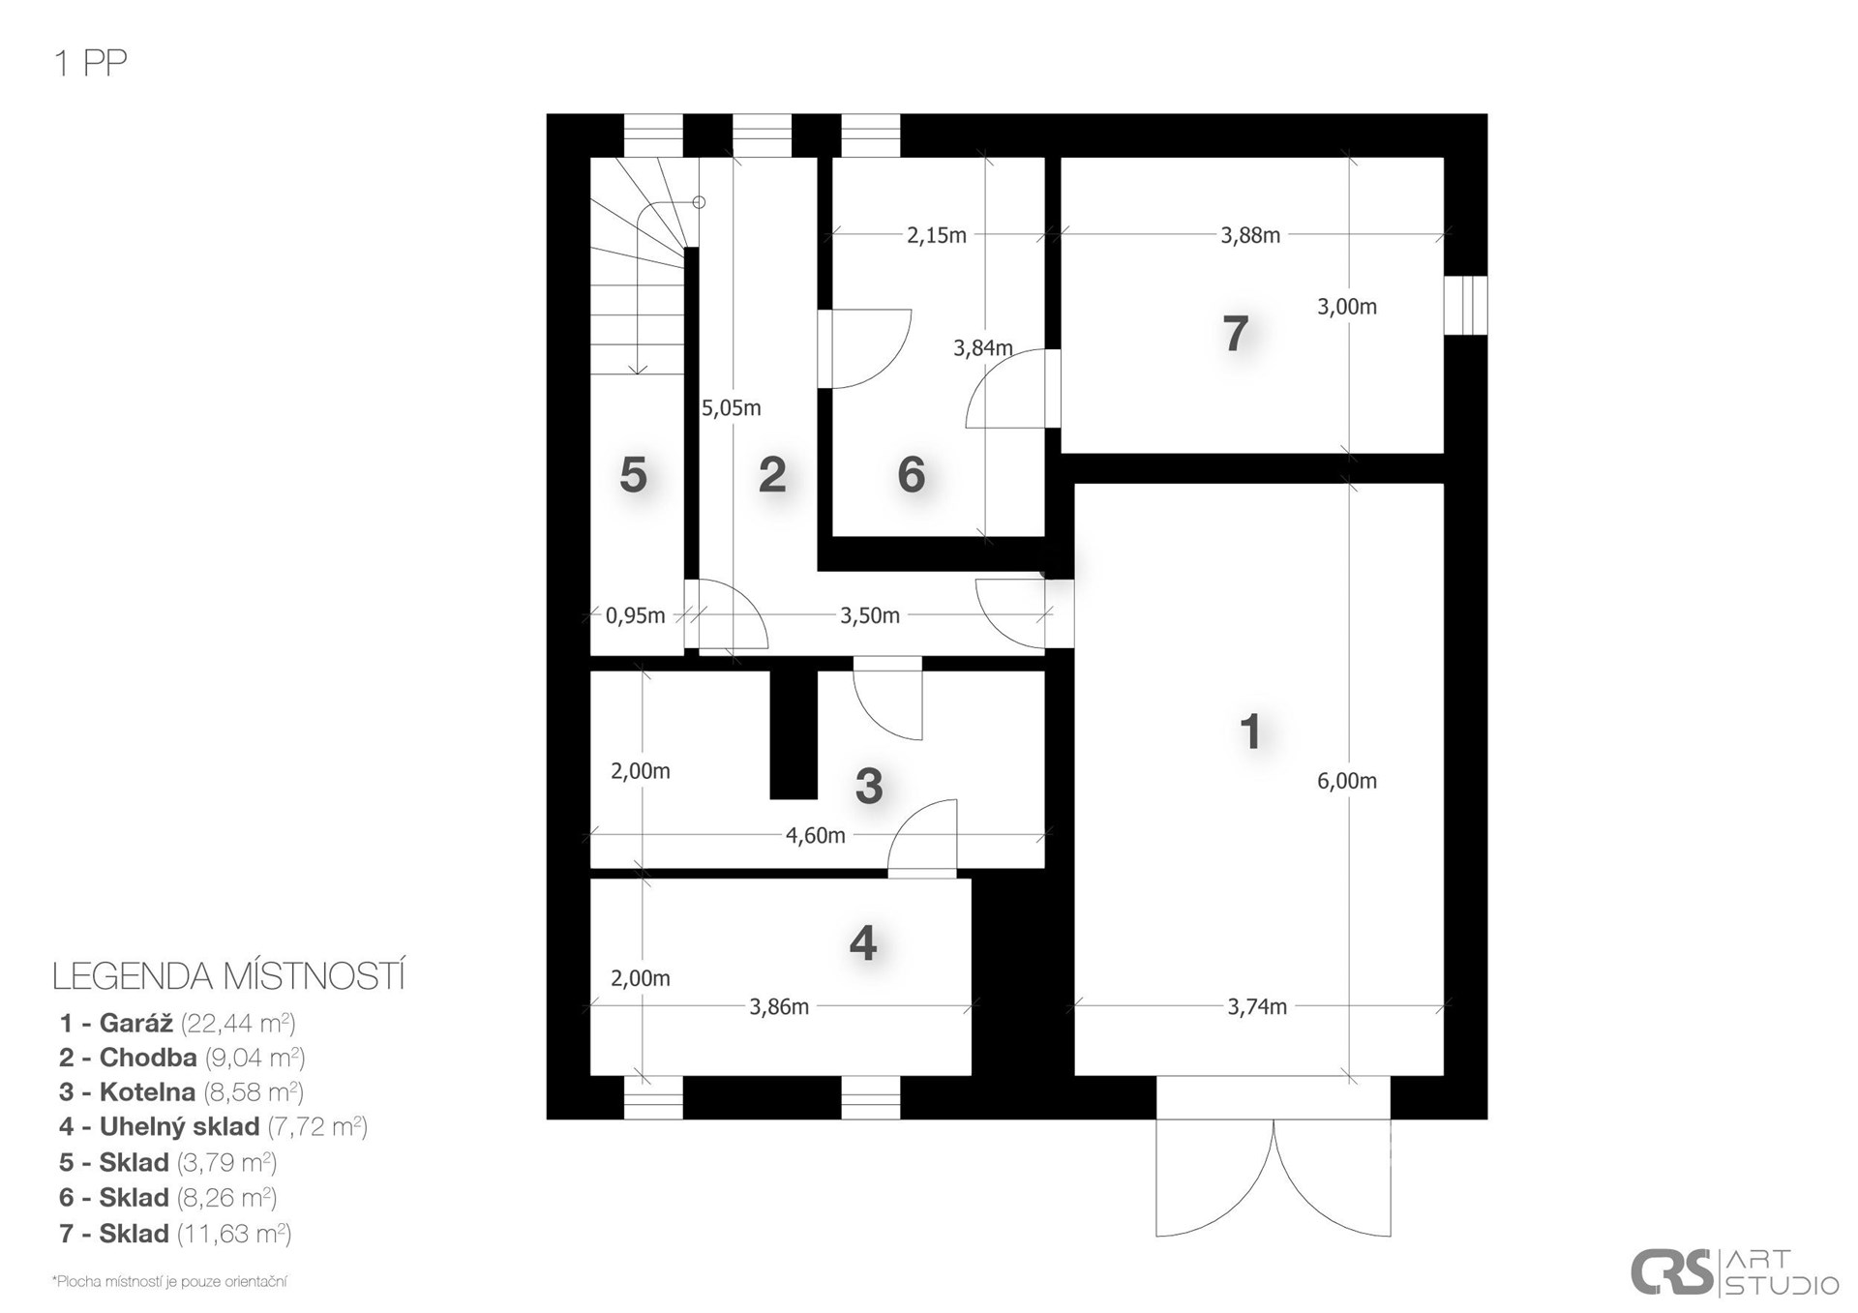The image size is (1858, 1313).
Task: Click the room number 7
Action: [1235, 334]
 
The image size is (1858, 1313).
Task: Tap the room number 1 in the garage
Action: [1250, 732]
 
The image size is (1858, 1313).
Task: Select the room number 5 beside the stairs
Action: [633, 475]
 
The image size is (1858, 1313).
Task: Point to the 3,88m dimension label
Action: [1250, 234]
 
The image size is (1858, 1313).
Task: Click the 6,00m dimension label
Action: [1346, 781]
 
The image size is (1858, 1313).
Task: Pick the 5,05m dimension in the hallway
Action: [732, 407]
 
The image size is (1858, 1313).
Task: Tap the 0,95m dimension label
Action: [635, 615]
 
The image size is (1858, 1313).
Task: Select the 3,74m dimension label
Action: [1257, 1006]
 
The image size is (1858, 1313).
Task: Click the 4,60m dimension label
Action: [816, 835]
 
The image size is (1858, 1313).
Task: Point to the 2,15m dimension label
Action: [937, 234]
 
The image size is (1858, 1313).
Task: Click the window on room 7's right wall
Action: [1466, 306]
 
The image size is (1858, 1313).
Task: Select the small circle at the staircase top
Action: [699, 202]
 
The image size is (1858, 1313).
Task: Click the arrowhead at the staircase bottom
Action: [638, 369]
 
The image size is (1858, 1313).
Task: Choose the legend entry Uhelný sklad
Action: [213, 1126]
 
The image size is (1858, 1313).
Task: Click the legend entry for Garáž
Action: [177, 1023]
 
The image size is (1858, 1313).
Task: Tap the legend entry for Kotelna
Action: [181, 1091]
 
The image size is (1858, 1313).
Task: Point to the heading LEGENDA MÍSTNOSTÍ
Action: [228, 976]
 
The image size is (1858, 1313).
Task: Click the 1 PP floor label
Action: [91, 63]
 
